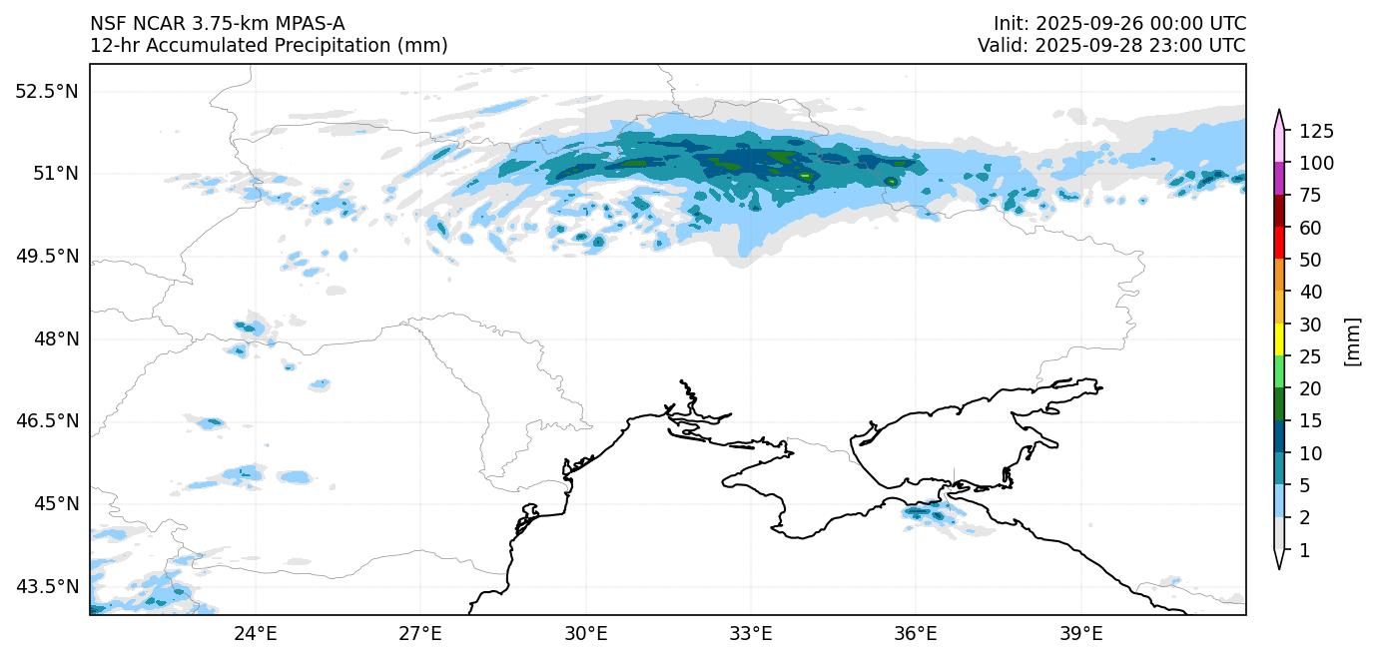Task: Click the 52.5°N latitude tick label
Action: [x=46, y=91]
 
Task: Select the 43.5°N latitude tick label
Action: [x=46, y=586]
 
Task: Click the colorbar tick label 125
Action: [x=1315, y=131]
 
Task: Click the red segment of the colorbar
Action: [x=1278, y=244]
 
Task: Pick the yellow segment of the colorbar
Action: [x=1278, y=340]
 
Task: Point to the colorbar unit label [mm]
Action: [x=1353, y=340]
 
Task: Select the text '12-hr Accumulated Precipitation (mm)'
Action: [x=269, y=46]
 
